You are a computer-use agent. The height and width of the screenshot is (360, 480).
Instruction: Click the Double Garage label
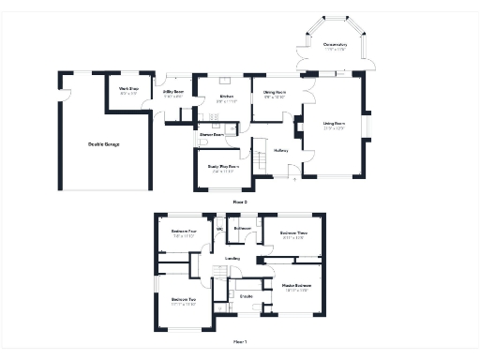104,143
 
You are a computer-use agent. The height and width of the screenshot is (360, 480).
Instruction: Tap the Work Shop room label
128,90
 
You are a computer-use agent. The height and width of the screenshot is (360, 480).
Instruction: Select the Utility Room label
173,91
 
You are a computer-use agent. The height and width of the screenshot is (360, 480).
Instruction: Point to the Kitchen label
226,97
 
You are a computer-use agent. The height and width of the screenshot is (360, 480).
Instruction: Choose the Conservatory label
335,45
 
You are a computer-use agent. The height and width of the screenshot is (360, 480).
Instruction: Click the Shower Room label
211,135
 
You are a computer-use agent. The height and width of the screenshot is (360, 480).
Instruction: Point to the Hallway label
280,149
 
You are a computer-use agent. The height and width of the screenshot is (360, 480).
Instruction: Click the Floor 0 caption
239,201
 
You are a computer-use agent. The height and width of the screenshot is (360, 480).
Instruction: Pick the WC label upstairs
220,228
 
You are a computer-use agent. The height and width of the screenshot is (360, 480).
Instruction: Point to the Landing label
233,258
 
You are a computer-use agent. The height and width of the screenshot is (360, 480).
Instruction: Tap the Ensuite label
247,296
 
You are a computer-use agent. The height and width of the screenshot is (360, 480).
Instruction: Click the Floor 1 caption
239,341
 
